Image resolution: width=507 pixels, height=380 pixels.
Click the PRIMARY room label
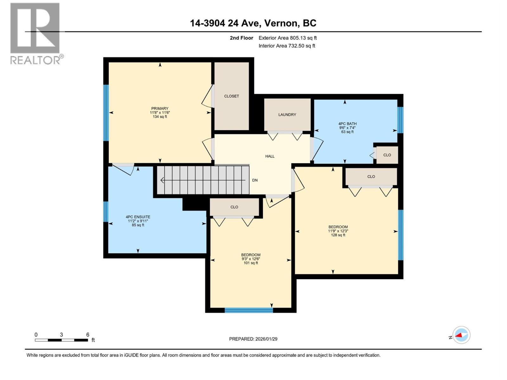click(x=160, y=109)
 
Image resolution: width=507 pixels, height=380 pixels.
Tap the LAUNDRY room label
click(x=287, y=115)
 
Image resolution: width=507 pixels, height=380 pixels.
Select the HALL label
click(x=270, y=156)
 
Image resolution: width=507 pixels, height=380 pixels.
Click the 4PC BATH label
click(x=347, y=124)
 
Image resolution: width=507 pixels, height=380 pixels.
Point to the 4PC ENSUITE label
click(x=138, y=217)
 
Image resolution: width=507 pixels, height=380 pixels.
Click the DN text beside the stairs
click(x=255, y=180)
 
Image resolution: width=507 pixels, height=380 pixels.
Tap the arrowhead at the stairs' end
click(x=162, y=180)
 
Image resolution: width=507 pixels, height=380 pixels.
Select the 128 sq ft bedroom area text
click(x=338, y=235)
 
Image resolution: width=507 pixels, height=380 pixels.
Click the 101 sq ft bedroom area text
click(x=251, y=263)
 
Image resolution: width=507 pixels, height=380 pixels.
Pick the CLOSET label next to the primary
click(x=231, y=96)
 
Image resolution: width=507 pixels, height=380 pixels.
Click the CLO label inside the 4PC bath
click(x=387, y=155)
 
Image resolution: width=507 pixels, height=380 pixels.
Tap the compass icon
click(x=461, y=335)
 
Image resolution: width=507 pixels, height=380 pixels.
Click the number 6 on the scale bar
click(x=88, y=335)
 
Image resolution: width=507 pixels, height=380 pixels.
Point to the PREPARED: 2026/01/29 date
click(x=253, y=339)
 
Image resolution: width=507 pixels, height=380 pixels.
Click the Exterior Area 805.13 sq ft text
click(x=287, y=38)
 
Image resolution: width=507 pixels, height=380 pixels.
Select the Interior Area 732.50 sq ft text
click(x=287, y=46)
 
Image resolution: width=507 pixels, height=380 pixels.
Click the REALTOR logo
click(x=35, y=33)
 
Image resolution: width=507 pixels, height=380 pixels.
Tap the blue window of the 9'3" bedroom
click(x=249, y=310)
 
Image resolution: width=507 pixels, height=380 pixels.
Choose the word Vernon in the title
click(x=281, y=23)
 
